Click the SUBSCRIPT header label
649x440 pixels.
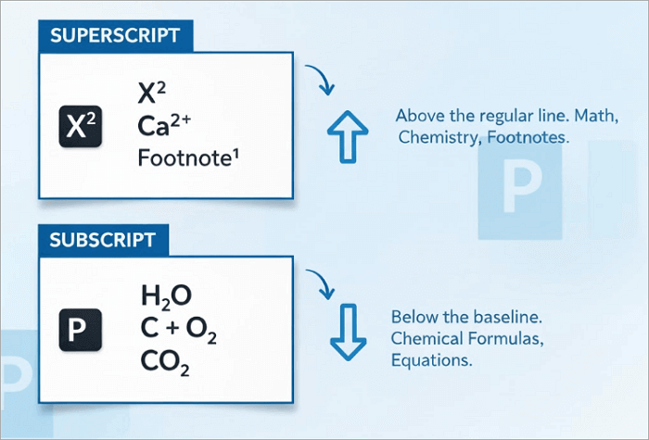point(104,239)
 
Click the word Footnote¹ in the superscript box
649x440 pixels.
point(187,157)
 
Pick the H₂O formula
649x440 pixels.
point(166,296)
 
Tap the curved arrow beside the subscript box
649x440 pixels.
point(320,283)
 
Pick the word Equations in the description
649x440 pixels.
point(431,358)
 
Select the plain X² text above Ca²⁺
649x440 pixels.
point(152,94)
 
